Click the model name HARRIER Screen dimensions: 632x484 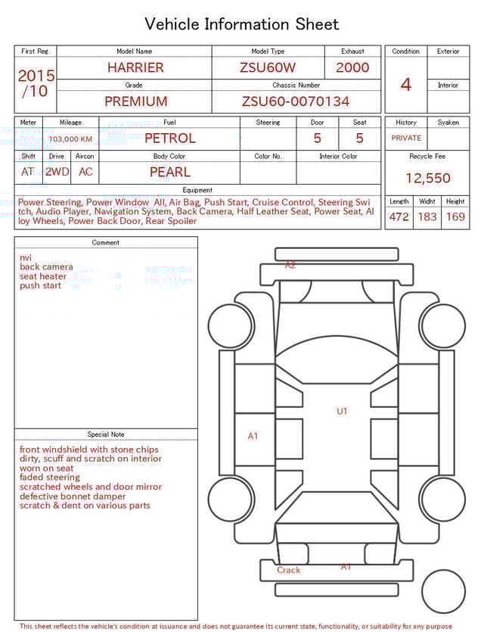[135, 67]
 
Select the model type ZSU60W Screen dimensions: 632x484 [268, 67]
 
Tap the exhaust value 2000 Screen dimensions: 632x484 [352, 67]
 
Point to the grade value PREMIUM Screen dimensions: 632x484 [136, 101]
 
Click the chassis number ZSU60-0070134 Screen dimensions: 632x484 [296, 101]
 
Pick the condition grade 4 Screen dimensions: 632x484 [406, 84]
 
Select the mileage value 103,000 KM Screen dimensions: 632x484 [70, 139]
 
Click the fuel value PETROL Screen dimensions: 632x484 [170, 139]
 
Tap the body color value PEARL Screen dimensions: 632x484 [170, 172]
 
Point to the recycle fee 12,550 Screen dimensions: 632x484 [427, 179]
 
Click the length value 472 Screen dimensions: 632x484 [399, 216]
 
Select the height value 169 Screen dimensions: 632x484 [455, 216]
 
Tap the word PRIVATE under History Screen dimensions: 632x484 [406, 139]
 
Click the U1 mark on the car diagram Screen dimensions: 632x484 [342, 411]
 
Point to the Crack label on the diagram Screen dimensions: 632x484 [288, 570]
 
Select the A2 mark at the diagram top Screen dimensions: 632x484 [290, 266]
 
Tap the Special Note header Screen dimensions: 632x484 [106, 434]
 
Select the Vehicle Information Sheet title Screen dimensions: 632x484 [242, 24]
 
